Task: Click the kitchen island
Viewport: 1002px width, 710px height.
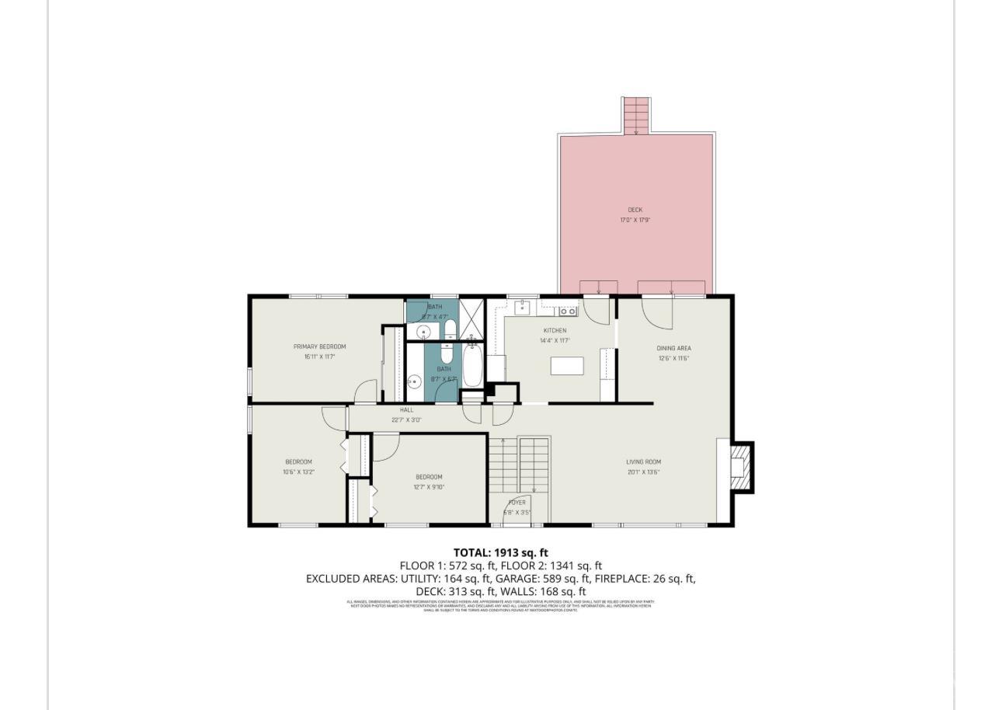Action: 566,365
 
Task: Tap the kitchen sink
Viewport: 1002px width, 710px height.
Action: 523,308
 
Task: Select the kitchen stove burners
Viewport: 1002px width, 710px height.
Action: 569,311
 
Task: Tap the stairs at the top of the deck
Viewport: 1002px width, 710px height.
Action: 636,115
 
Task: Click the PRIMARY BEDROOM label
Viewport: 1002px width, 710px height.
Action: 319,346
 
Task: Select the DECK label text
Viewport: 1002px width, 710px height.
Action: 635,210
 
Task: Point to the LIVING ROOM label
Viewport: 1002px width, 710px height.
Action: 643,462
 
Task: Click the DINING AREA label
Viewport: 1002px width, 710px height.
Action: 673,348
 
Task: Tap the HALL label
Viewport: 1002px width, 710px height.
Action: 406,410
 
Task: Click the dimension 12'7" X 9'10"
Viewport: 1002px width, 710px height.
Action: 429,488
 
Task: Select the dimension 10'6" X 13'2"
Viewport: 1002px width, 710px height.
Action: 298,472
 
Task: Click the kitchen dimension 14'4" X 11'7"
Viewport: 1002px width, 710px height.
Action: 555,341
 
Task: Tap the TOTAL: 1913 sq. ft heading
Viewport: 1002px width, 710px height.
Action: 500,553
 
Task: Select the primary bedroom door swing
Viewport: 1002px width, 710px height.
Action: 365,392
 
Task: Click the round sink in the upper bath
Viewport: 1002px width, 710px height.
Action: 423,332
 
